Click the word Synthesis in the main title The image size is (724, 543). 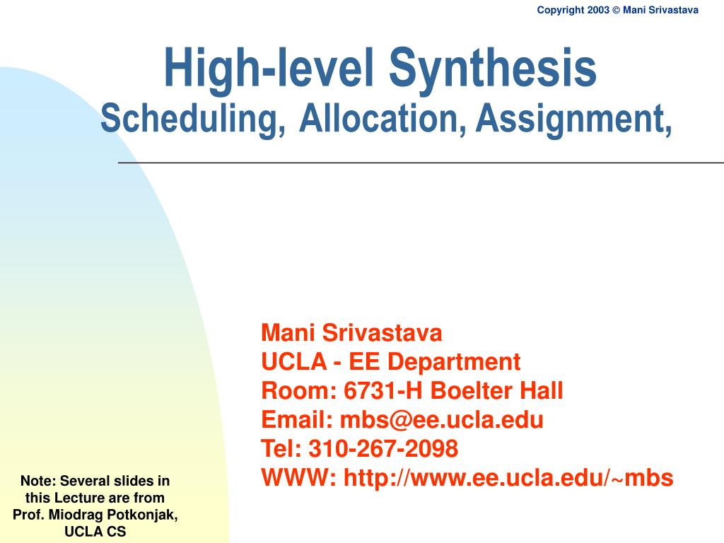493,69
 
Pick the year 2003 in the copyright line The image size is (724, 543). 597,10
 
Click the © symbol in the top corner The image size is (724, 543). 616,10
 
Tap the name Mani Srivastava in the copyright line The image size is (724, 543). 660,10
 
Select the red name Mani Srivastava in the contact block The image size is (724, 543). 351,332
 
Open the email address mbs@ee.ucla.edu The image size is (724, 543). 442,420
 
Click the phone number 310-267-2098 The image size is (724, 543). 383,448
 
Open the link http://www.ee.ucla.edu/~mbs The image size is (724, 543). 508,479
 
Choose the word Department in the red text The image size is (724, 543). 455,362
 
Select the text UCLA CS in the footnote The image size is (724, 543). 95,532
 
